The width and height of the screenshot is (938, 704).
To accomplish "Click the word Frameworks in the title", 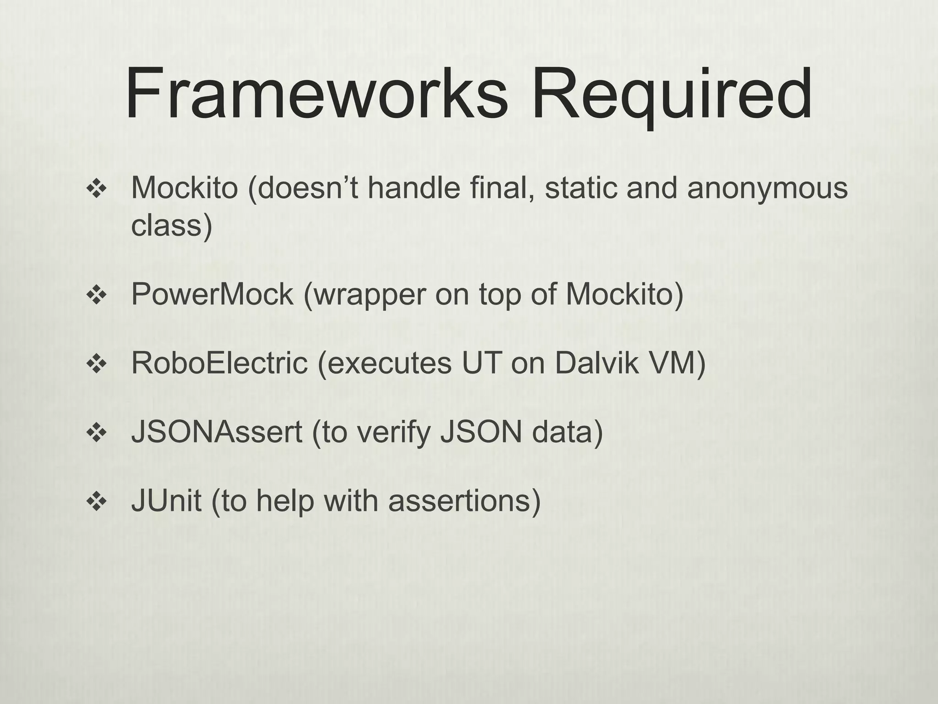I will click(316, 94).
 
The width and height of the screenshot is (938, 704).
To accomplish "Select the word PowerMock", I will click(212, 294).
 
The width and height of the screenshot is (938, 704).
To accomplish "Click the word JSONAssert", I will click(217, 432).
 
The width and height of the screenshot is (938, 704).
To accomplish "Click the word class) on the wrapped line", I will click(172, 225).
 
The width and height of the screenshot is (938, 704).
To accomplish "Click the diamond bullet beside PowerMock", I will click(96, 295).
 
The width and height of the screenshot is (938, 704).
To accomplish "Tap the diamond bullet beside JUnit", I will click(96, 501).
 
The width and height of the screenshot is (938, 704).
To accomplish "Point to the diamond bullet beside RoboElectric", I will click(96, 364).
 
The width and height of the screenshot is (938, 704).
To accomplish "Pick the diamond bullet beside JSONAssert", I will click(96, 433).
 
